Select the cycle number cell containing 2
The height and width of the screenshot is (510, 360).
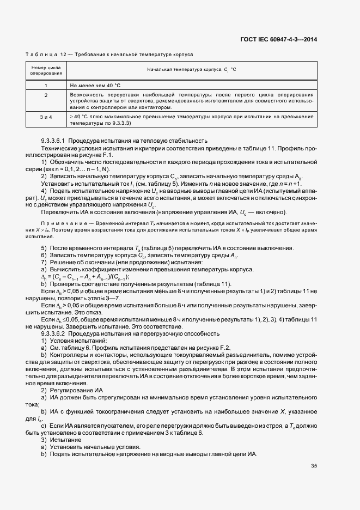pyautogui.click(x=46, y=95)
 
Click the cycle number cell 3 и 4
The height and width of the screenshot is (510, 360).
pyautogui.click(x=46, y=117)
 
